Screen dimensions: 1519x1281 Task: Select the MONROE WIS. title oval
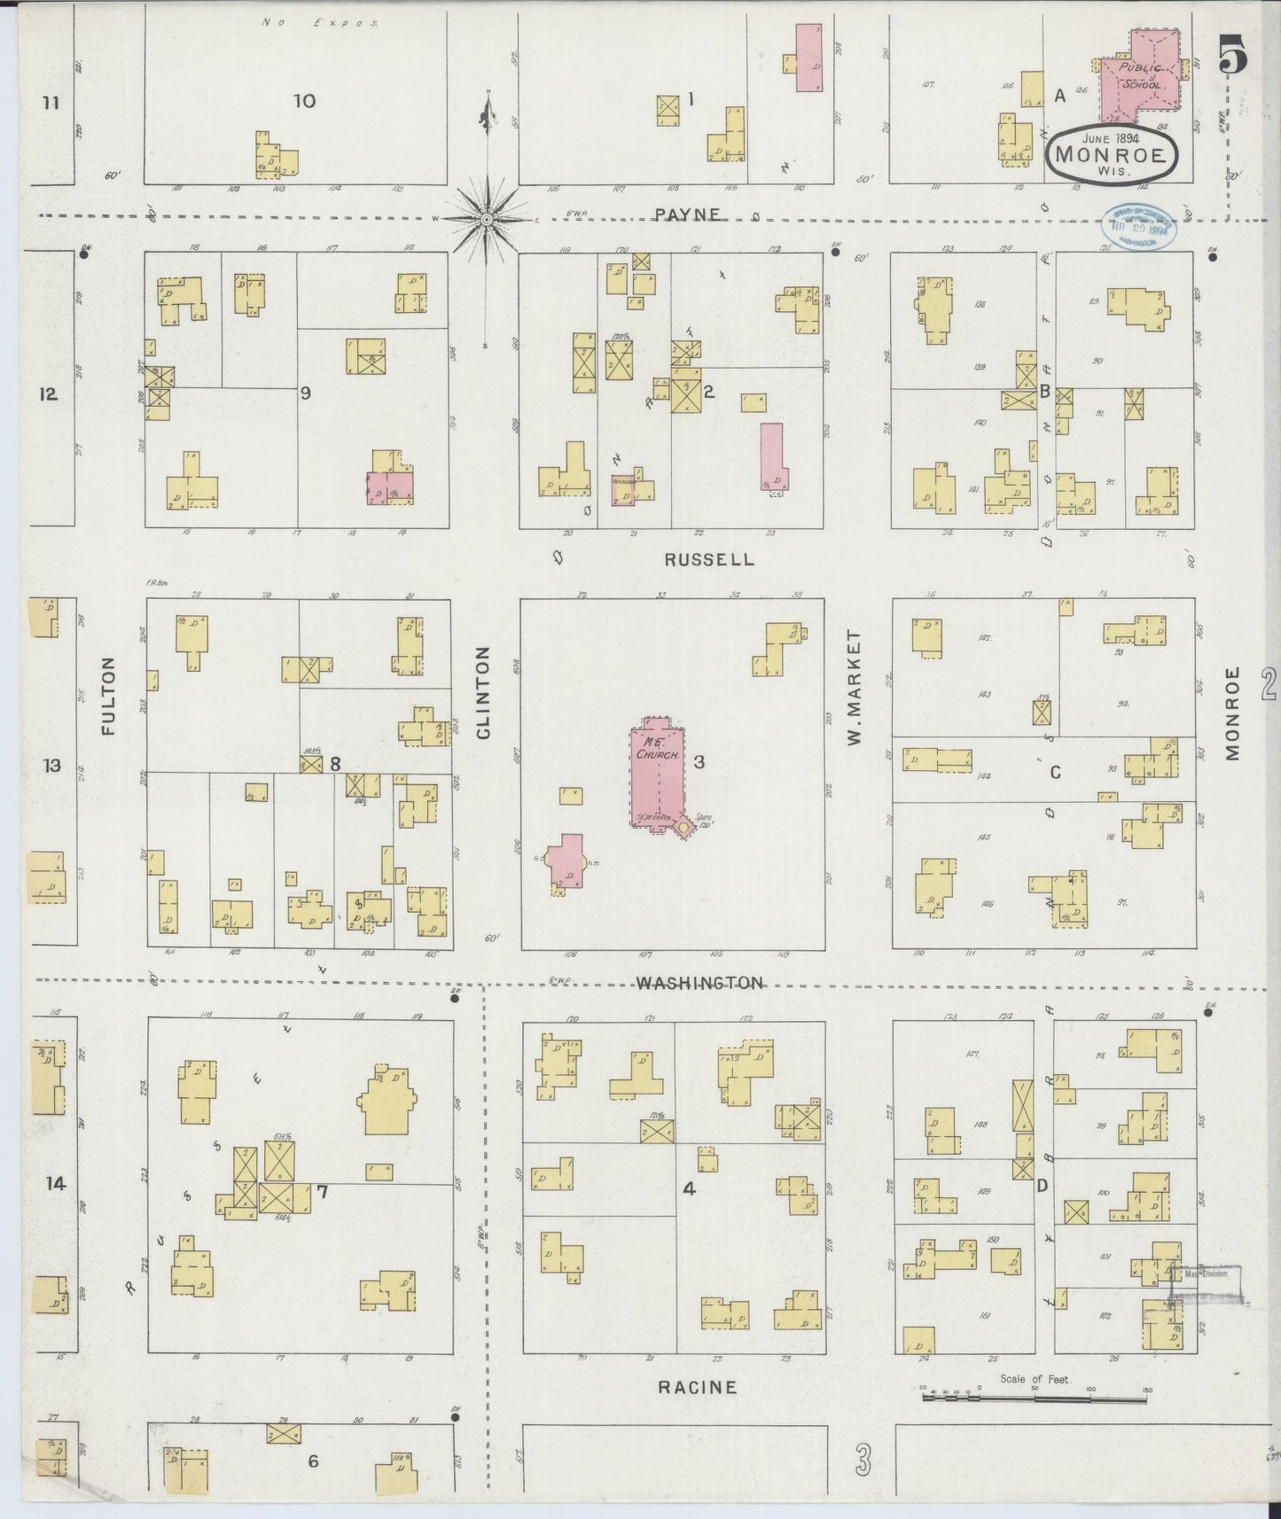tap(1113, 154)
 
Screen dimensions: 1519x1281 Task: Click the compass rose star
tap(487, 218)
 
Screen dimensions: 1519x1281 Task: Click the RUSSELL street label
tap(723, 559)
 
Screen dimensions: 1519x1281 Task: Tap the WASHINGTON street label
tap(699, 983)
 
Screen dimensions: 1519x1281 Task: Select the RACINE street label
tap(697, 1387)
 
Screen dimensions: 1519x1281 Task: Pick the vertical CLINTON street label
tap(483, 692)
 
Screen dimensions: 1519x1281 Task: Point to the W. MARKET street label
tap(855, 687)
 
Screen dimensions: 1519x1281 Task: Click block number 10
tap(304, 101)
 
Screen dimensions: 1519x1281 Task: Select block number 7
tap(323, 1192)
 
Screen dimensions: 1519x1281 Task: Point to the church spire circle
tap(684, 828)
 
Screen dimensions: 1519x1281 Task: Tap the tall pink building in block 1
tap(808, 58)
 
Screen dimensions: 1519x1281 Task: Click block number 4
tap(689, 1189)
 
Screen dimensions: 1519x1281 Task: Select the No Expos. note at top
tap(320, 22)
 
